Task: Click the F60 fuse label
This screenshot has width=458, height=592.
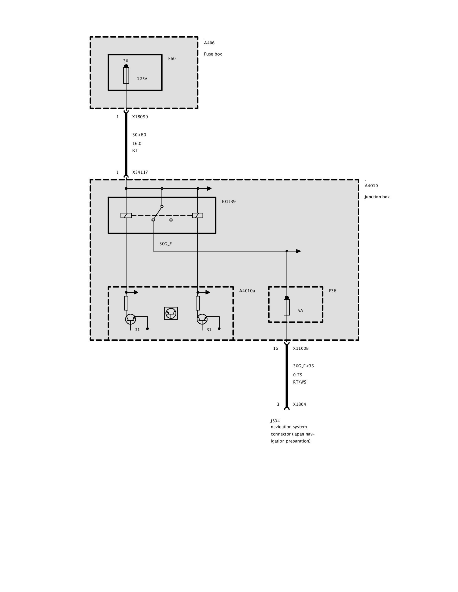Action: click(x=172, y=58)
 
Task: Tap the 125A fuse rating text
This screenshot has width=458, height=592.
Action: click(x=142, y=79)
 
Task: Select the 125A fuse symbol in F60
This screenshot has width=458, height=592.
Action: click(x=126, y=75)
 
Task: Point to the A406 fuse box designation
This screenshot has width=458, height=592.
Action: click(x=209, y=43)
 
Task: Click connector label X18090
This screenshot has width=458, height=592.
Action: click(x=140, y=117)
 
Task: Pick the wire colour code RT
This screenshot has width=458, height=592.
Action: click(x=135, y=150)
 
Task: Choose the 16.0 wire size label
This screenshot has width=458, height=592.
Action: click(x=137, y=144)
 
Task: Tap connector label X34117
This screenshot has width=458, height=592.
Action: click(x=140, y=172)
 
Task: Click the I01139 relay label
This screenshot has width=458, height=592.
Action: click(x=229, y=202)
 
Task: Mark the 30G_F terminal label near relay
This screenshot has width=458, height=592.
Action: click(x=165, y=244)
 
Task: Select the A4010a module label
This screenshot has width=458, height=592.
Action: click(x=247, y=291)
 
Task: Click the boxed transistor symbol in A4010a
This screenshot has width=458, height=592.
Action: click(x=171, y=313)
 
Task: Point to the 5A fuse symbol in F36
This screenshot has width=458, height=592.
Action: click(x=287, y=307)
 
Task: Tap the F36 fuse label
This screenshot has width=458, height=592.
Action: click(x=333, y=291)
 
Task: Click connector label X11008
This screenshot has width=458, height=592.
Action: click(x=301, y=348)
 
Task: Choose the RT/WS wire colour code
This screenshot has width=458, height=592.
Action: click(x=300, y=382)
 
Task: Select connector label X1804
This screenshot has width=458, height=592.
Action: click(x=300, y=404)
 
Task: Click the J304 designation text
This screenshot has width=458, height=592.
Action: click(x=275, y=421)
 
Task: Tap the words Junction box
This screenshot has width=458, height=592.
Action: click(x=377, y=197)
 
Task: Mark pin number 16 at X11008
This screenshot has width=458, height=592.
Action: click(x=276, y=348)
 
